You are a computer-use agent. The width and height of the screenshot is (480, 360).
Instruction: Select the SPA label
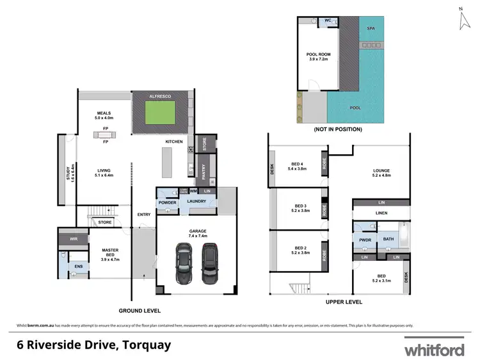[371, 29]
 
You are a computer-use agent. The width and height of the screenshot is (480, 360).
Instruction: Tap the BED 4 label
[298, 167]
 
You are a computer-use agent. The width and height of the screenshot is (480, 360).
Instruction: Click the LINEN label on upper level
[381, 213]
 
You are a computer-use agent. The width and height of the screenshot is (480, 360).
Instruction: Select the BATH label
[388, 239]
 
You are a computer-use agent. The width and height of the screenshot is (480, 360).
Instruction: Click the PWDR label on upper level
[365, 239]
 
